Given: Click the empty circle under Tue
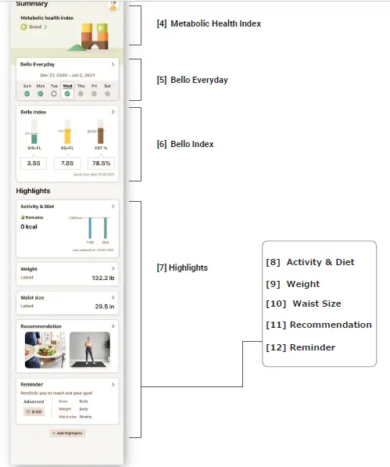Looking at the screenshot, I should click(54, 93).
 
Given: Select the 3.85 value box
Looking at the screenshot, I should click(34, 163).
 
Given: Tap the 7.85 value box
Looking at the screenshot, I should click(67, 163).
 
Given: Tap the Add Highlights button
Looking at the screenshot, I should click(67, 433).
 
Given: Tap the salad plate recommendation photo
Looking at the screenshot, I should click(43, 350).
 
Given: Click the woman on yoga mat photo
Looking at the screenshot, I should click(89, 350).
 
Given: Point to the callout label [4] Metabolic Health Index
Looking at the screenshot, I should click(209, 24).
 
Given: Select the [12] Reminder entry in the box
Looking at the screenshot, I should click(300, 347).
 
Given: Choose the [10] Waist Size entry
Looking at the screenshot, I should click(303, 304).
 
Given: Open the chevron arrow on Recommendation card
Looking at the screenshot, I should click(113, 325).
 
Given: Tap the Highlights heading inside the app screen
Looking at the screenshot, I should click(33, 191).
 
